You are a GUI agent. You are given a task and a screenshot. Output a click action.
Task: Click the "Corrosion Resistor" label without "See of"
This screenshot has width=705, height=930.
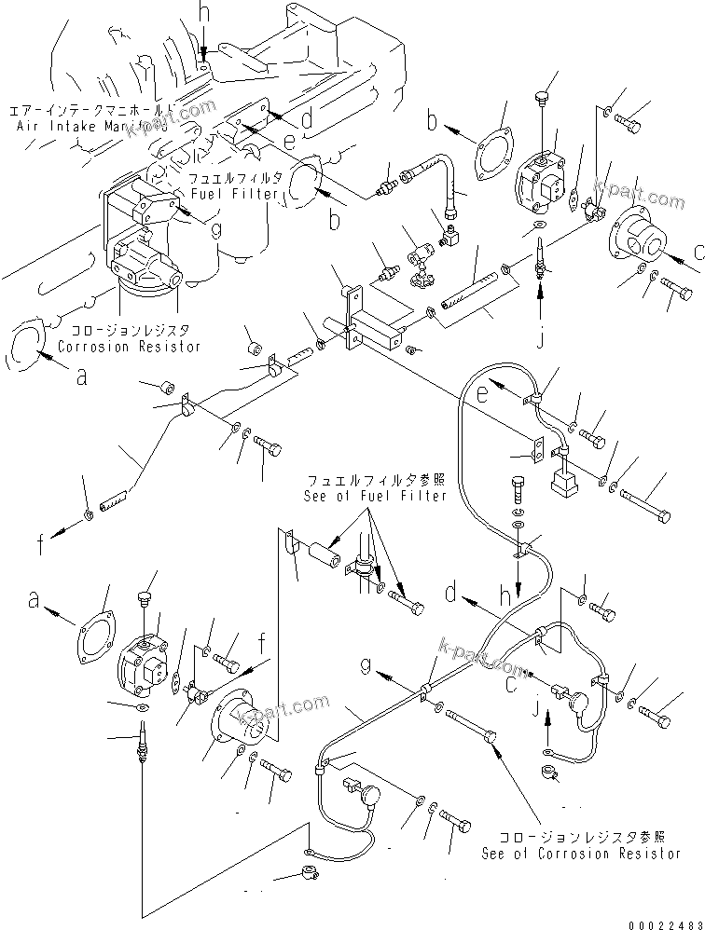129,347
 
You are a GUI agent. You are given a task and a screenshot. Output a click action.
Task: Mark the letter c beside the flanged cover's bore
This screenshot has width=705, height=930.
697,249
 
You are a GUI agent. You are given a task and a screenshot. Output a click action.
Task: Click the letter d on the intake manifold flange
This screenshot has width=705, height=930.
305,119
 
